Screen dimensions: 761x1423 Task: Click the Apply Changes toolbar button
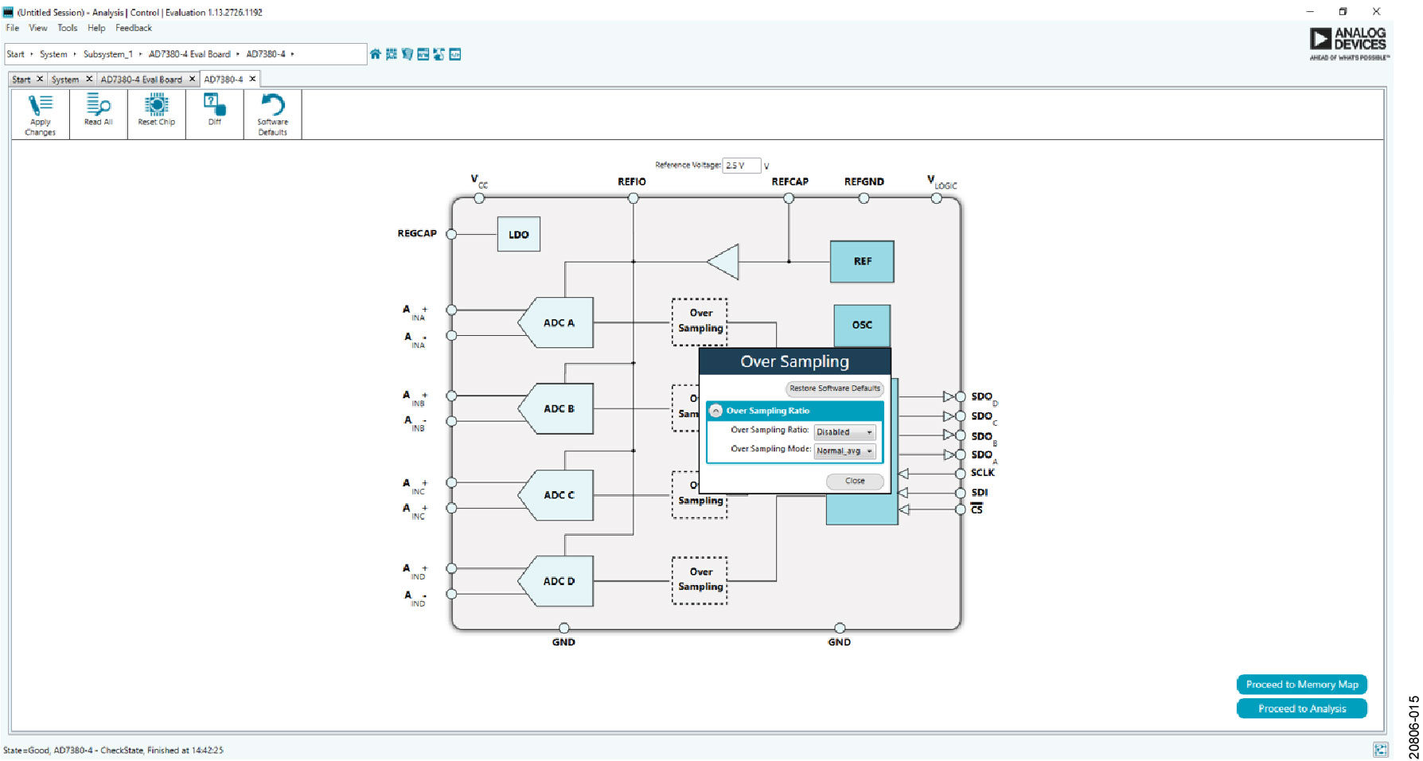[x=40, y=115]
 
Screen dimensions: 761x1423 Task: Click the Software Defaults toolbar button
[x=272, y=115]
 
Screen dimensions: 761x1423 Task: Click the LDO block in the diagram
[x=518, y=234]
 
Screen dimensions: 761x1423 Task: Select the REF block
[x=862, y=261]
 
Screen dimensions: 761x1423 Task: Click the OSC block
[x=862, y=325]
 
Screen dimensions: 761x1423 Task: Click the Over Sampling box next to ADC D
[x=700, y=580]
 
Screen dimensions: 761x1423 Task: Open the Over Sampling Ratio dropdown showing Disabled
[x=844, y=432]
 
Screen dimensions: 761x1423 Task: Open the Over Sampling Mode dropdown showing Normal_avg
[x=844, y=451]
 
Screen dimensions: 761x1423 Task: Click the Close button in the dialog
[x=855, y=481]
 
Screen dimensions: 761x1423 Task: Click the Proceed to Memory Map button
[x=1301, y=685]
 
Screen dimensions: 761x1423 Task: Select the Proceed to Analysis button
[x=1301, y=708]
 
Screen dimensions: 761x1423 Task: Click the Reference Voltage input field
[x=740, y=166]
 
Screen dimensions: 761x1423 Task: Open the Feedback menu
[x=133, y=28]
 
